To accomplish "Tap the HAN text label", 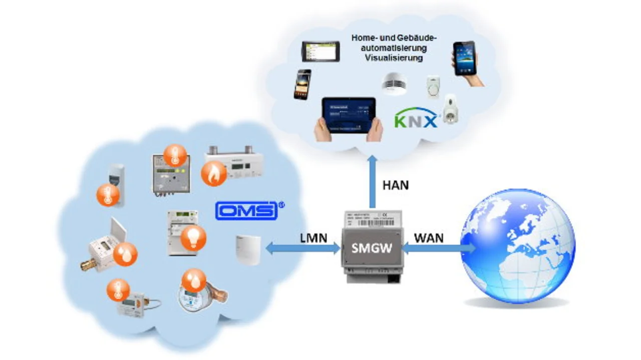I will click(x=395, y=185).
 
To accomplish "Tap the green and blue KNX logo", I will click(x=416, y=121).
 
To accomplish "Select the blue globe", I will click(x=517, y=245).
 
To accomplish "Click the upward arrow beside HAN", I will click(x=372, y=181).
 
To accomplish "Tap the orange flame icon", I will click(x=213, y=173).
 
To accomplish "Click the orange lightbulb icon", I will click(x=193, y=237).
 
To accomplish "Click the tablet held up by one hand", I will click(x=464, y=59).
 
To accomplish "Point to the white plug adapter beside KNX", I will click(x=451, y=109).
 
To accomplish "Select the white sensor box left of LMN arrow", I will click(x=248, y=249).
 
